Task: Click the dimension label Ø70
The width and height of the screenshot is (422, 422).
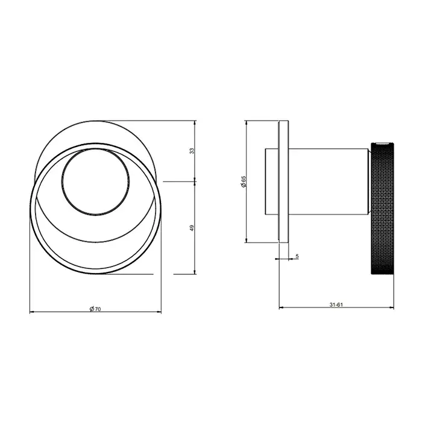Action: [95, 309]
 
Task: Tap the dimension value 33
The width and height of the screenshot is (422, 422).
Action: [192, 151]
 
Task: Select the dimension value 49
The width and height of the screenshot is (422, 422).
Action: [192, 228]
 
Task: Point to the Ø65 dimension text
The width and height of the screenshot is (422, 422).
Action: [244, 181]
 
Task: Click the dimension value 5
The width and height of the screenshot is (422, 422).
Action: [297, 256]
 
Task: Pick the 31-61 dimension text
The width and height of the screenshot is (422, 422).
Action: [336, 304]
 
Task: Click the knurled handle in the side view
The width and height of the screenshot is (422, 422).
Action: [382, 209]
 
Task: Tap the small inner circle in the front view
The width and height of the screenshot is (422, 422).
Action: [95, 181]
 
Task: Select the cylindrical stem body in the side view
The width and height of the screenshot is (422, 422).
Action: [329, 181]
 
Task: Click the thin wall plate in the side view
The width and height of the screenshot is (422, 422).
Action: [284, 181]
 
